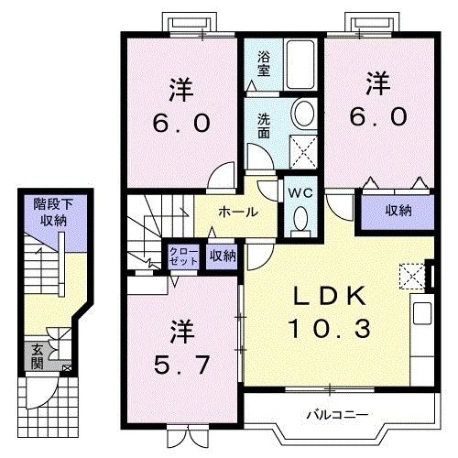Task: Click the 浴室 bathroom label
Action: point(264,63)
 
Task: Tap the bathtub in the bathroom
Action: point(300,64)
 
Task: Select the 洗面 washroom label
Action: point(264,125)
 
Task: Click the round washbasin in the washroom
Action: point(304,114)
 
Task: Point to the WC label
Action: point(300,193)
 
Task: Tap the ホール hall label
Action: point(238,212)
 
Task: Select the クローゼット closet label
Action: point(183,256)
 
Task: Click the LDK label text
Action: point(330,296)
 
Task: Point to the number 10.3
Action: point(329,328)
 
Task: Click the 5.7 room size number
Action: point(182,365)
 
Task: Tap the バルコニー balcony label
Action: point(337,415)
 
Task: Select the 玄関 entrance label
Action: point(38,356)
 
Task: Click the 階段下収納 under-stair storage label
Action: point(53,212)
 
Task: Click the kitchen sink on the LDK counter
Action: point(422,313)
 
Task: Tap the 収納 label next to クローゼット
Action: point(223,256)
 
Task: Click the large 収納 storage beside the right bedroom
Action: point(398,212)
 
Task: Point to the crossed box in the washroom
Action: point(303,152)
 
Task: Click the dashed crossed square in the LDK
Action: point(412,277)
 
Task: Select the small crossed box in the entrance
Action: point(67,368)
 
